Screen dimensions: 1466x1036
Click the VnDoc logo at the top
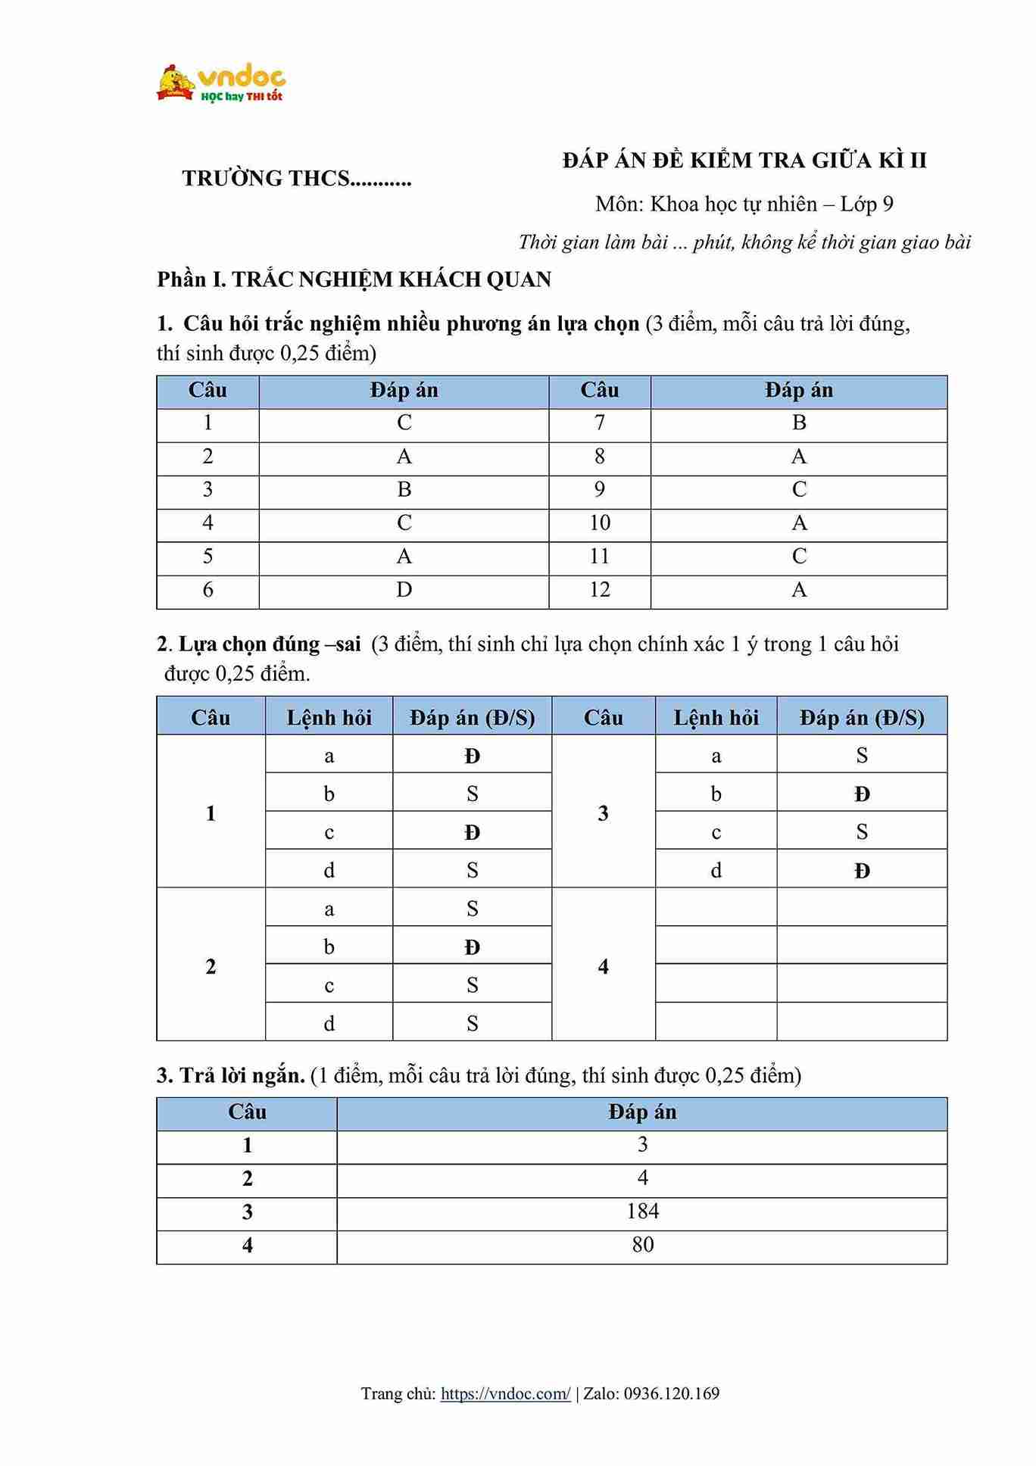tap(220, 83)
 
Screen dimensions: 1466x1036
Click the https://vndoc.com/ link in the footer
tap(505, 1393)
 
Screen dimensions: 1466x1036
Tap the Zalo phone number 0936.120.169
tap(671, 1393)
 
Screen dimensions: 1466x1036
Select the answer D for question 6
tap(404, 590)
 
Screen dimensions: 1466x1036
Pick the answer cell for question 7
tap(798, 423)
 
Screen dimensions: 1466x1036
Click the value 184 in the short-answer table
tap(642, 1212)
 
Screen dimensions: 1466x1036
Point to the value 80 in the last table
tap(642, 1245)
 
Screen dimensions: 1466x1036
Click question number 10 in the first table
tap(599, 523)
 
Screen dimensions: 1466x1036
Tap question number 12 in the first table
tap(599, 590)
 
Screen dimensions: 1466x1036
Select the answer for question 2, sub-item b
tap(472, 947)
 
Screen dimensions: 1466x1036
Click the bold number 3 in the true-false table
tap(603, 813)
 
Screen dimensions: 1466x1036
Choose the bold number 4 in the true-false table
tap(603, 966)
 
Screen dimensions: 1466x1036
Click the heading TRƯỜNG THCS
tap(296, 179)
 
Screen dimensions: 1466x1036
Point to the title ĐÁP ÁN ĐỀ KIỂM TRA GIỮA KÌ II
tap(744, 161)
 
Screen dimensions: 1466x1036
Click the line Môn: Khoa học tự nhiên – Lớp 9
tap(744, 204)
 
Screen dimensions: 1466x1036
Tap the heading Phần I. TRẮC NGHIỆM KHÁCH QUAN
tap(354, 279)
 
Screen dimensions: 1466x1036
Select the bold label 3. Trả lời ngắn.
tap(230, 1075)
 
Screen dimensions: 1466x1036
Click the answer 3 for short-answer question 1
tap(642, 1145)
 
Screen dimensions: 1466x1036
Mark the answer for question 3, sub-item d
tap(862, 871)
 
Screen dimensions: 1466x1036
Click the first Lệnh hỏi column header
tap(329, 717)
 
